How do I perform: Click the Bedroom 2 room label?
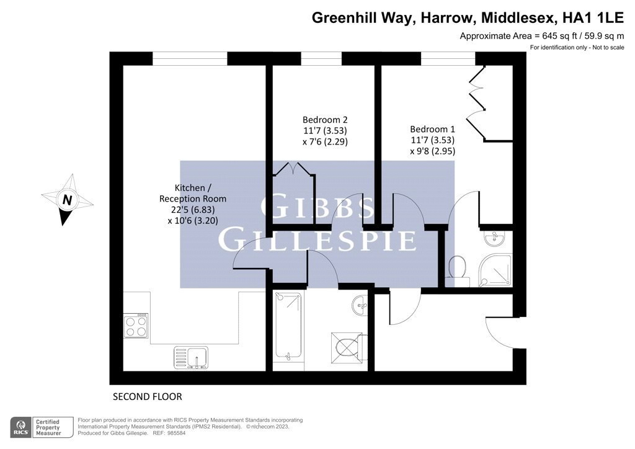[x=325, y=120]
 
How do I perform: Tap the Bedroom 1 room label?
[x=432, y=129]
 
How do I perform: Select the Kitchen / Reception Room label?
[x=193, y=193]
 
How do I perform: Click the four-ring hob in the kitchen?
[x=136, y=326]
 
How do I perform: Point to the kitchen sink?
[x=191, y=357]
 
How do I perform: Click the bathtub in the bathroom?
[x=288, y=326]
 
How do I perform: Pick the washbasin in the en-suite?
[x=494, y=238]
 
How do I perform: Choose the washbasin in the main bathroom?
[x=360, y=305]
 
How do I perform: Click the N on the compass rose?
[x=67, y=200]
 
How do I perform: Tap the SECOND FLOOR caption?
[x=148, y=397]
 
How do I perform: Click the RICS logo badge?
[x=21, y=427]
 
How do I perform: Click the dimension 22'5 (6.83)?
[x=193, y=210]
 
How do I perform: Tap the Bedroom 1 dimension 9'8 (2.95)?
[x=432, y=151]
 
